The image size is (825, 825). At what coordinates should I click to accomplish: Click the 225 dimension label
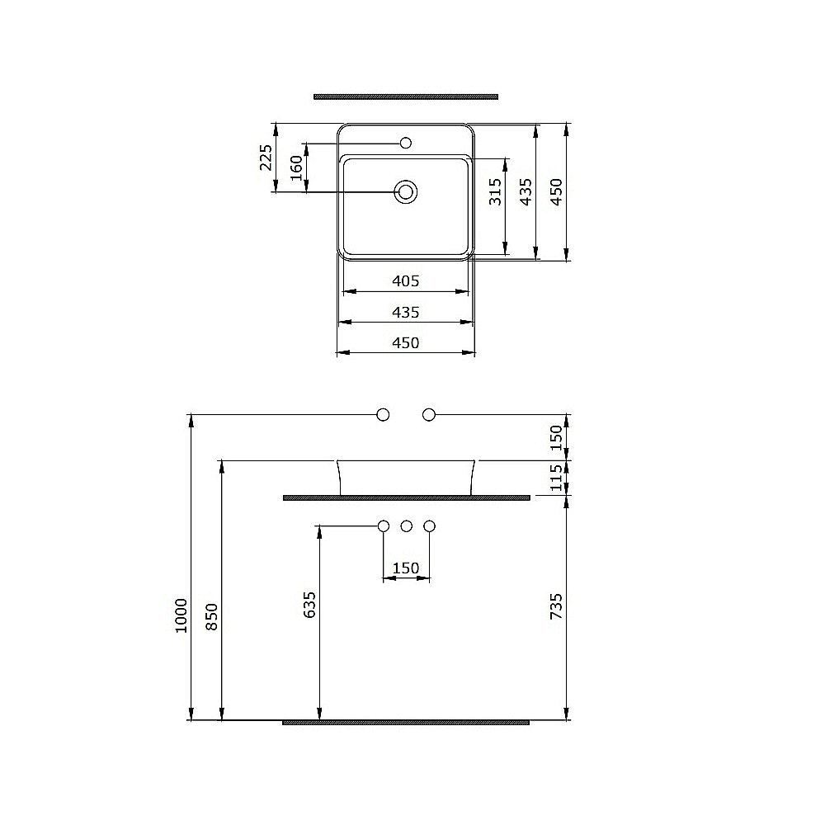point(266,158)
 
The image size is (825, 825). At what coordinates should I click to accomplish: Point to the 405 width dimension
point(405,281)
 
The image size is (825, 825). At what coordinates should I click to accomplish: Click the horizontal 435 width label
point(405,312)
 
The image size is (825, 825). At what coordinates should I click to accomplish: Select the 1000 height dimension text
point(181,615)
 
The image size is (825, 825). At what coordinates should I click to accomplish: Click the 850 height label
point(212,617)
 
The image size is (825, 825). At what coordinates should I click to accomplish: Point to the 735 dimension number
point(556,606)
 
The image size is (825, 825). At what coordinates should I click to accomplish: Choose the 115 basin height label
point(556,477)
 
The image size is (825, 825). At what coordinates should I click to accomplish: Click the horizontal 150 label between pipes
point(405,568)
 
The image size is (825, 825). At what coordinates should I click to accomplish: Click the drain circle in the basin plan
point(405,192)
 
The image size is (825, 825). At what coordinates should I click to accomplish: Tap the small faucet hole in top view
point(405,144)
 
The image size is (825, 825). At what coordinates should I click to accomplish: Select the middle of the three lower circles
point(406,526)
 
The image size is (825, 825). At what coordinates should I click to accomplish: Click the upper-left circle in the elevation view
point(383,415)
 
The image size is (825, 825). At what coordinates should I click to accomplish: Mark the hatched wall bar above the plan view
point(405,97)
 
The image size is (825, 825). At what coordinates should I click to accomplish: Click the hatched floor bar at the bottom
point(405,722)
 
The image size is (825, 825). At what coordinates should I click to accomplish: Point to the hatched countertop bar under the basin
point(405,497)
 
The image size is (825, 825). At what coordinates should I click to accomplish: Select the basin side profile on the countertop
point(405,476)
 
